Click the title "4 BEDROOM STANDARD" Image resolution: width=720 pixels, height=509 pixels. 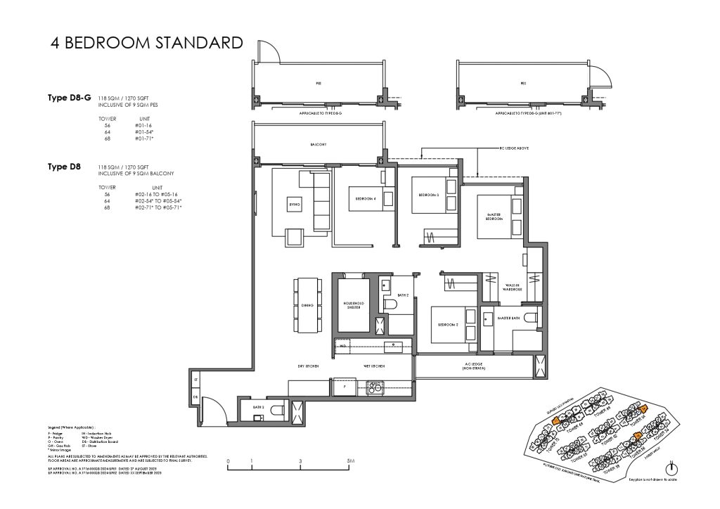coord(146,43)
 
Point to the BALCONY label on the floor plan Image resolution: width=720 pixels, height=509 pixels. coord(319,144)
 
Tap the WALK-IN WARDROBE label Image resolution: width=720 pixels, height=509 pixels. coord(511,286)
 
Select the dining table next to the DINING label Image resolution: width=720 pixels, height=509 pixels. coord(306,306)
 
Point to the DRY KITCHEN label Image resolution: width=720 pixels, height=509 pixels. coord(309,366)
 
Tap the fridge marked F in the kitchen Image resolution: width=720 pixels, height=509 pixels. coord(345,386)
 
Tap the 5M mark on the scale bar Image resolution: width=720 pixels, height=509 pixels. coord(350,462)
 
